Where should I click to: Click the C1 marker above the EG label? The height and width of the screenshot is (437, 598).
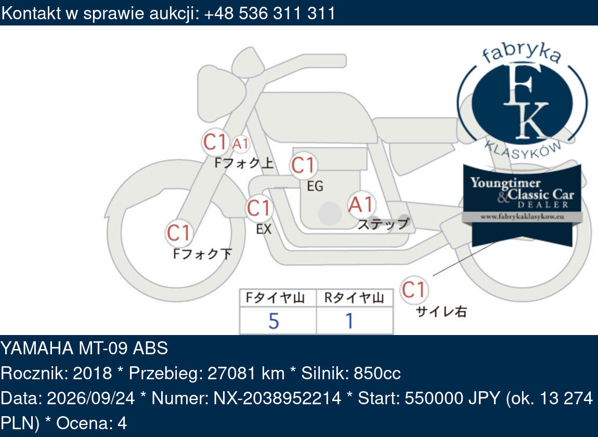(303, 165)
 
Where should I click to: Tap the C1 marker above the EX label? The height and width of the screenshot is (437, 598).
(259, 209)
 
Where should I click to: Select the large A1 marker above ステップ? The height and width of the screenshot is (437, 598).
(361, 204)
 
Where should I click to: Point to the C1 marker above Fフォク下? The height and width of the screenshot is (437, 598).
(178, 233)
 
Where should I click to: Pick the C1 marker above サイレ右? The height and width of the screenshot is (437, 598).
(414, 290)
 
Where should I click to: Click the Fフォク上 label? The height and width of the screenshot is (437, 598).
(244, 163)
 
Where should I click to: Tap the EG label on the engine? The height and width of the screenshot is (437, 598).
(315, 186)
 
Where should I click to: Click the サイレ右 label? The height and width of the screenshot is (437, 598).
(441, 312)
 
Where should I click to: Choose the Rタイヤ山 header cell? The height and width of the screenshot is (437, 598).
(355, 298)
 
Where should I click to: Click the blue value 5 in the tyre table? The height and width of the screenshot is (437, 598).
(274, 321)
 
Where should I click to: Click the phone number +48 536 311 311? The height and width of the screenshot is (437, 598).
(270, 13)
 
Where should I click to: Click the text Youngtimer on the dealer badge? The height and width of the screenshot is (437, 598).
(505, 183)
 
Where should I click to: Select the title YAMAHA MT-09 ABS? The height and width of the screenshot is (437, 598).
(84, 348)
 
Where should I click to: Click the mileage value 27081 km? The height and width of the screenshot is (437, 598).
(246, 373)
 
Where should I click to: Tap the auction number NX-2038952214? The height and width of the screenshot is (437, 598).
(277, 398)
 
